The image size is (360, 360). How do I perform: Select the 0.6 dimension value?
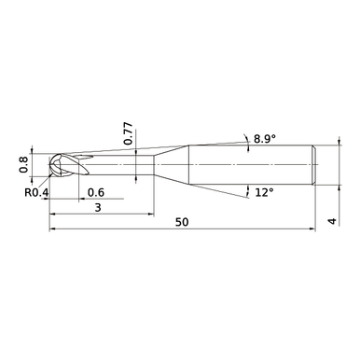click(94, 193)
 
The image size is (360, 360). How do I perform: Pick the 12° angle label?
click(264, 192)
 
